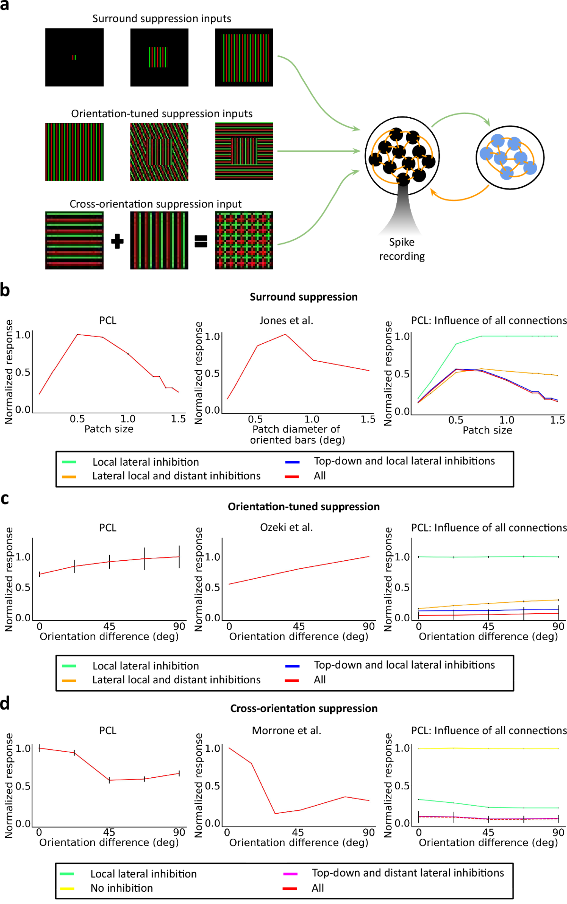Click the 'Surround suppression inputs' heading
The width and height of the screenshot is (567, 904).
coord(162,18)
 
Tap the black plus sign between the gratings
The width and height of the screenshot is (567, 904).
coord(117,241)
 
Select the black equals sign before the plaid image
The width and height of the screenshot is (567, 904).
coord(201,242)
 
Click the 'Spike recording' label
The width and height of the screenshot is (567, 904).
coord(402,249)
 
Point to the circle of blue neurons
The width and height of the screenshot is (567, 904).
coord(509,157)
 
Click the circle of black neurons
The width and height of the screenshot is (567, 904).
coord(402,156)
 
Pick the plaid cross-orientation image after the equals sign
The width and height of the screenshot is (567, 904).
coord(244,240)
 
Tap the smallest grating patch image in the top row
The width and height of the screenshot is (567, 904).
coord(74,57)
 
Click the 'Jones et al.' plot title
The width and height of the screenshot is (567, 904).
coord(286,321)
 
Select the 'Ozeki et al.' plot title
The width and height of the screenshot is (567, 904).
coord(286,527)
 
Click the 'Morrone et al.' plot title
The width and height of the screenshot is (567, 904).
coord(286,730)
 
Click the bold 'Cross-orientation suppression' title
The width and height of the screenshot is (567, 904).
coord(304,708)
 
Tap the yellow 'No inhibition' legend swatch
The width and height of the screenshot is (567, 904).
coord(68,888)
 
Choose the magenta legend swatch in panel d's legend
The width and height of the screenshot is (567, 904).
coord(290,874)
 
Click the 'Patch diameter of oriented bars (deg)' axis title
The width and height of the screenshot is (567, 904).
coord(297,435)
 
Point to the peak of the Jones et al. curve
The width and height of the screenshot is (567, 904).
coord(285,334)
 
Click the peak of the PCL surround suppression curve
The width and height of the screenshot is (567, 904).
coord(77,334)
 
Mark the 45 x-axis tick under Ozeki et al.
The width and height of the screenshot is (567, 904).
coord(299,626)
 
